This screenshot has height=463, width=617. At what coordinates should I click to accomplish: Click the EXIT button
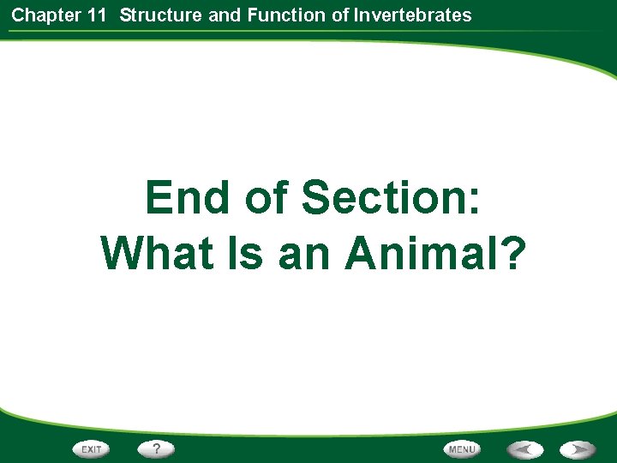coord(92,448)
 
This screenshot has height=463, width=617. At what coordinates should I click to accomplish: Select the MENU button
coord(462,448)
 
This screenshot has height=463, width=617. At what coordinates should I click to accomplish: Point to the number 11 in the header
coord(97,15)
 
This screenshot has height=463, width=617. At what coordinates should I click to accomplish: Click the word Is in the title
coord(246,254)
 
